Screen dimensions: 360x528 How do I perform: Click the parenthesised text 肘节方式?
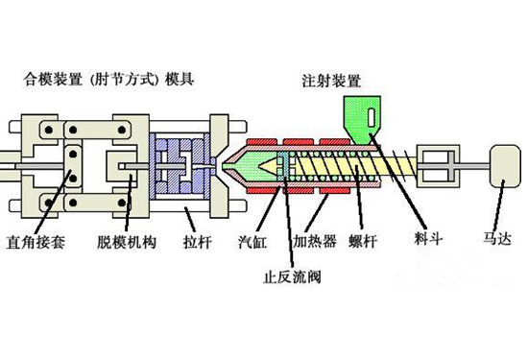tap(124, 79)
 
